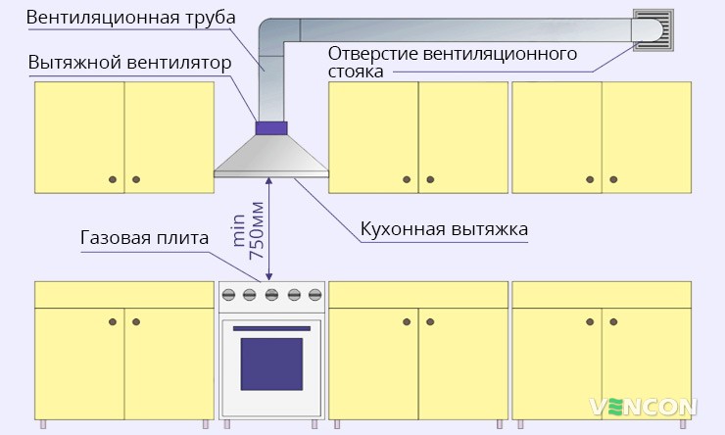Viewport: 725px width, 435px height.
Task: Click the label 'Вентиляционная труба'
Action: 119,18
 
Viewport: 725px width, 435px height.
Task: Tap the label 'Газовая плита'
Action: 144,238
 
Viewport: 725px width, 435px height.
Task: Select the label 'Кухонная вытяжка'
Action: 445,228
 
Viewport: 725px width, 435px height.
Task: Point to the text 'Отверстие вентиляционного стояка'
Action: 453,62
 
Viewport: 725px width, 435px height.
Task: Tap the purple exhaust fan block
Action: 271,126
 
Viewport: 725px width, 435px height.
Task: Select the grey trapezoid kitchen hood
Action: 271,157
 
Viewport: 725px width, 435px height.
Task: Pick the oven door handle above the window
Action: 271,327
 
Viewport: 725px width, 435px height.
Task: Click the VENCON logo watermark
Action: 643,406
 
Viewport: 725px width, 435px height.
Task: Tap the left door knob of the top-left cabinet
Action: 113,178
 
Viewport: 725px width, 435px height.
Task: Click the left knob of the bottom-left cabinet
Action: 113,321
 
